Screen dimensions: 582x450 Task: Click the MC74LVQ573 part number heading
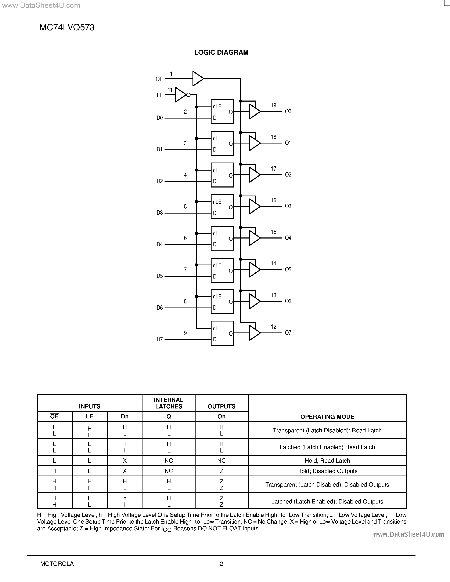(67, 28)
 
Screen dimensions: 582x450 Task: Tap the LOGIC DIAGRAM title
(221, 52)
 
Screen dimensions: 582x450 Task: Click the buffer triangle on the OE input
(198, 79)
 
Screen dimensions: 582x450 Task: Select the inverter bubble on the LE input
(188, 95)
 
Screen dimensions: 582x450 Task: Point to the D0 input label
(160, 118)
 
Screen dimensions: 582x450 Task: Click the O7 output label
(288, 332)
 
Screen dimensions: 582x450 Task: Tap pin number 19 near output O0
(274, 106)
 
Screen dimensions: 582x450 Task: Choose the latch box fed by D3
(222, 207)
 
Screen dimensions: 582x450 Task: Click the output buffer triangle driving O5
(254, 270)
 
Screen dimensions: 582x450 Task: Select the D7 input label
(160, 339)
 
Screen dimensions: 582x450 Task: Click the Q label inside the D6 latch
(231, 302)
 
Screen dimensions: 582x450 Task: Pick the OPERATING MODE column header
(327, 417)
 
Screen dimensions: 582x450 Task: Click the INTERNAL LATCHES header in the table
(169, 403)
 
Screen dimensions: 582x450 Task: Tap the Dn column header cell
(125, 417)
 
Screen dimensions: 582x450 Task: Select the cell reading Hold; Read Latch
(327, 461)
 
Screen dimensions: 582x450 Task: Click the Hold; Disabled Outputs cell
(327, 471)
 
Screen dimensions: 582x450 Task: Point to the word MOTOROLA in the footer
(57, 564)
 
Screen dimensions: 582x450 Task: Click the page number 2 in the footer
(221, 564)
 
